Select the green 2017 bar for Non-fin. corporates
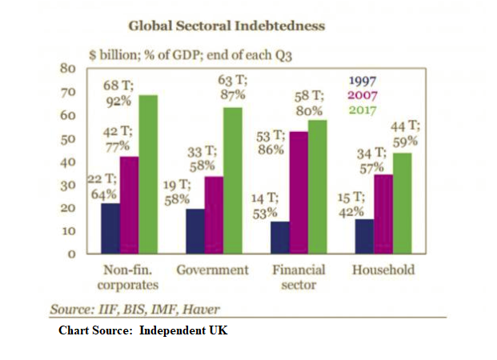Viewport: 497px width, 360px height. [x=148, y=174]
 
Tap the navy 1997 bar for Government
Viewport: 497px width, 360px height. [x=195, y=231]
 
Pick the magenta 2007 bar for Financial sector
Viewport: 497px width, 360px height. [x=298, y=193]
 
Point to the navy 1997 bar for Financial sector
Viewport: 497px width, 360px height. [x=280, y=238]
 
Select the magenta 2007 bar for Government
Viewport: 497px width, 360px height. [x=214, y=215]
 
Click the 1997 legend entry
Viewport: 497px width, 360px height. [x=364, y=80]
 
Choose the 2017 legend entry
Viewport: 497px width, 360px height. [x=364, y=110]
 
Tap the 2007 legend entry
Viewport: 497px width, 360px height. [x=364, y=95]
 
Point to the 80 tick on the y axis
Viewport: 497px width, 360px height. [x=68, y=68]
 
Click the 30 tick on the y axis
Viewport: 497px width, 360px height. [x=68, y=185]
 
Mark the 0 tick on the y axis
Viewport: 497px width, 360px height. [x=70, y=254]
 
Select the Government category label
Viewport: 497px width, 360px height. [x=212, y=270]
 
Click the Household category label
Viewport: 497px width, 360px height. [x=383, y=270]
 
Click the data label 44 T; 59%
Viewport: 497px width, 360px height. [x=406, y=133]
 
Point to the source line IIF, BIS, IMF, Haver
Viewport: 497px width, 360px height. [x=135, y=309]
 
